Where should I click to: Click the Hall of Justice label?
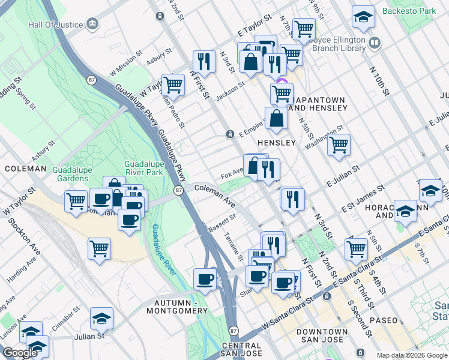point(57,25)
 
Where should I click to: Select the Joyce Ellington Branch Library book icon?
point(375,43)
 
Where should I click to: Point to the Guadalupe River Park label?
point(152,169)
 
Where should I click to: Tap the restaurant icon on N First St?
point(204,61)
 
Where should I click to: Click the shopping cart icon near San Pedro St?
point(173,85)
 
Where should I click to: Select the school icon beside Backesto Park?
point(363,18)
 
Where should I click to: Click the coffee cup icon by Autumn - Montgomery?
point(205,279)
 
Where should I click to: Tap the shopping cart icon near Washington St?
point(339,145)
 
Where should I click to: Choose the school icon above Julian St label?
point(101,319)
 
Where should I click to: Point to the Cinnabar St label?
point(67,315)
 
